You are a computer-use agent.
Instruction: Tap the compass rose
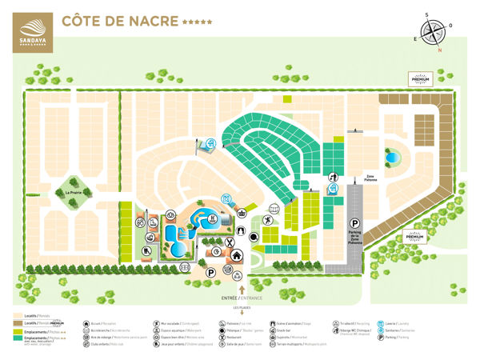tap(433, 32)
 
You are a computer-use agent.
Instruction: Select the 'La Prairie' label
tap(70, 193)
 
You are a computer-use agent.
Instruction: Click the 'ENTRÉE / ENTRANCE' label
tap(241, 298)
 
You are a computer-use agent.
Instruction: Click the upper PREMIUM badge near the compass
tap(420, 78)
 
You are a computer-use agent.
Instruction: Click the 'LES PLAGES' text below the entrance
tap(241, 308)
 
